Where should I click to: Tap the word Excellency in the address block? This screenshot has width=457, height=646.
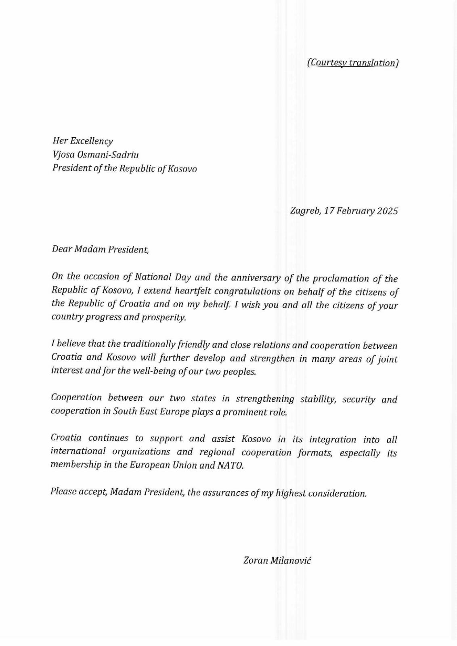(92, 141)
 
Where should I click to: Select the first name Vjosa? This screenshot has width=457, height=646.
(63, 155)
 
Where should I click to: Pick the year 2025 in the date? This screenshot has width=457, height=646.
(387, 211)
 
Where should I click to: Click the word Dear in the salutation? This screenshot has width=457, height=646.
(61, 249)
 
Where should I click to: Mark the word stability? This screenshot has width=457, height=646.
(318, 399)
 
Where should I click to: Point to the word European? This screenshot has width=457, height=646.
(149, 465)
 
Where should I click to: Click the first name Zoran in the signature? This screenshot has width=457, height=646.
(255, 560)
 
